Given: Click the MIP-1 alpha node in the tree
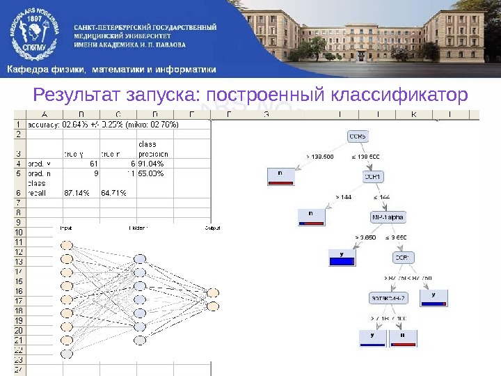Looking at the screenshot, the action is (x=388, y=217).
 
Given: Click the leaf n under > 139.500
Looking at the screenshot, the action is (x=280, y=177).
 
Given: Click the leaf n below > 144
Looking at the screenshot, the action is (x=311, y=217).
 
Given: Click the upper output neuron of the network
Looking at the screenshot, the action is (x=213, y=292).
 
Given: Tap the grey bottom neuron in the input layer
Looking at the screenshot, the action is (x=66, y=354).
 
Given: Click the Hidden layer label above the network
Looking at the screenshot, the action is (x=137, y=228).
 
